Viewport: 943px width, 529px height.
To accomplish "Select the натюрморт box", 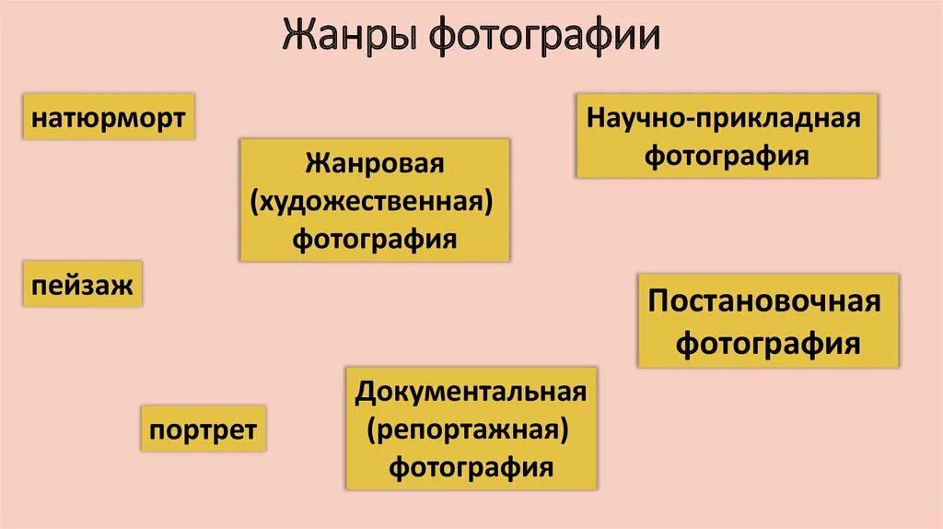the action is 109,118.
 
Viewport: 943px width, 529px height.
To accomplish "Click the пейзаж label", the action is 83,285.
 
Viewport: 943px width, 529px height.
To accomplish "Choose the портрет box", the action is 204,429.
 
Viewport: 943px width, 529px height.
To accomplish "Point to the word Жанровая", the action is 375,164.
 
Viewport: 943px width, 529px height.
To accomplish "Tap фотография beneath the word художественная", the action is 375,239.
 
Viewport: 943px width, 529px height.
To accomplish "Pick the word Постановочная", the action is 765,302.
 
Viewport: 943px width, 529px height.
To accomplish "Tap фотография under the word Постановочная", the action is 768,344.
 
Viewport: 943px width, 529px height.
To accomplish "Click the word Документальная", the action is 471,392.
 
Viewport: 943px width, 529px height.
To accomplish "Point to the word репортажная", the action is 471,429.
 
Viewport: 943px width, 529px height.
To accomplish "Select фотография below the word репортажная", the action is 471,466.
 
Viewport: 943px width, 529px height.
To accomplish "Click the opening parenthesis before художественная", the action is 255,203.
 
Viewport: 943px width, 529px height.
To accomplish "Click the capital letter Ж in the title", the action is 296,37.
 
